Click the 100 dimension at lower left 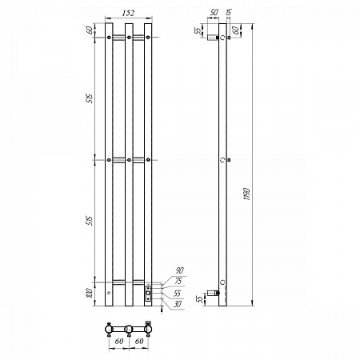90,292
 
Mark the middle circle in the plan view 128,328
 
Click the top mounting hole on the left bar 109,37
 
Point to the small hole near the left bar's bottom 109,294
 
